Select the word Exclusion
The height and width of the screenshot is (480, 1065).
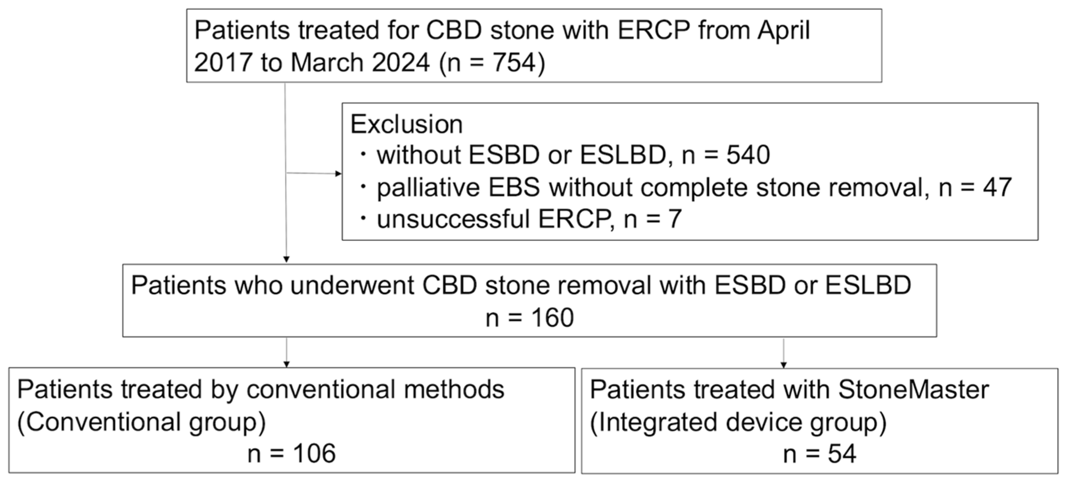406,124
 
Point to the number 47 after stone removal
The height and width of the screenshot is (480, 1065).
997,187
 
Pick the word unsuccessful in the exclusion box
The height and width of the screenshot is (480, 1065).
453,219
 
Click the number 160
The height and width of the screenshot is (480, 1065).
552,318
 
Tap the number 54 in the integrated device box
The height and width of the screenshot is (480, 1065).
841,454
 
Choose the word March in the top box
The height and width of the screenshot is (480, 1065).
327,63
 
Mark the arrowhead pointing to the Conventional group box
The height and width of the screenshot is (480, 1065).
286,364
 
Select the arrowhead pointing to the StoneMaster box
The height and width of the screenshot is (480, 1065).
783,365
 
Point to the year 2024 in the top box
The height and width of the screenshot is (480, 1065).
401,63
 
